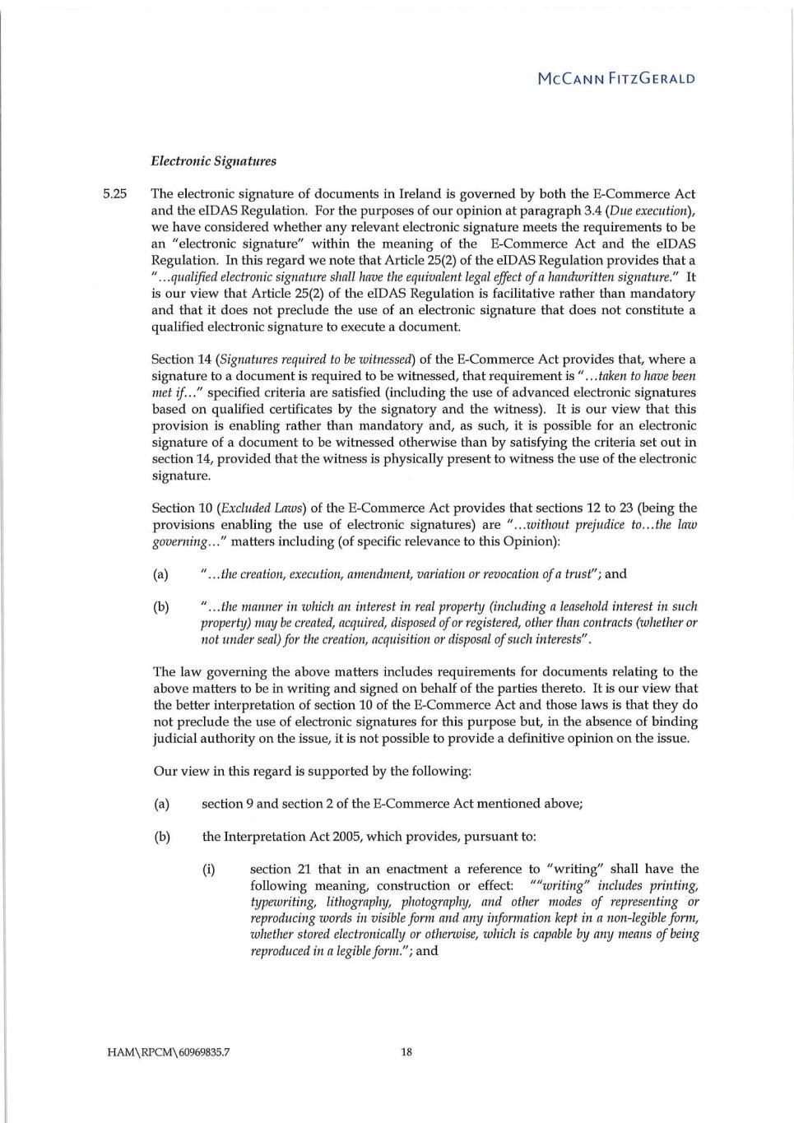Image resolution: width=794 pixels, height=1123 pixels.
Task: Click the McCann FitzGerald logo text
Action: point(615,79)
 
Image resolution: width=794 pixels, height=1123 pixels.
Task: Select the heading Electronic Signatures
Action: point(213,161)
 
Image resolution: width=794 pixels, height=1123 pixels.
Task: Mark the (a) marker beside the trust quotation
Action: point(160,574)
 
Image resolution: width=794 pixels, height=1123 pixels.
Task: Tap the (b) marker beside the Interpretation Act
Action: point(161,837)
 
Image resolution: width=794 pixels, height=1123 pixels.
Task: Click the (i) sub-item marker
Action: point(208,869)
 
